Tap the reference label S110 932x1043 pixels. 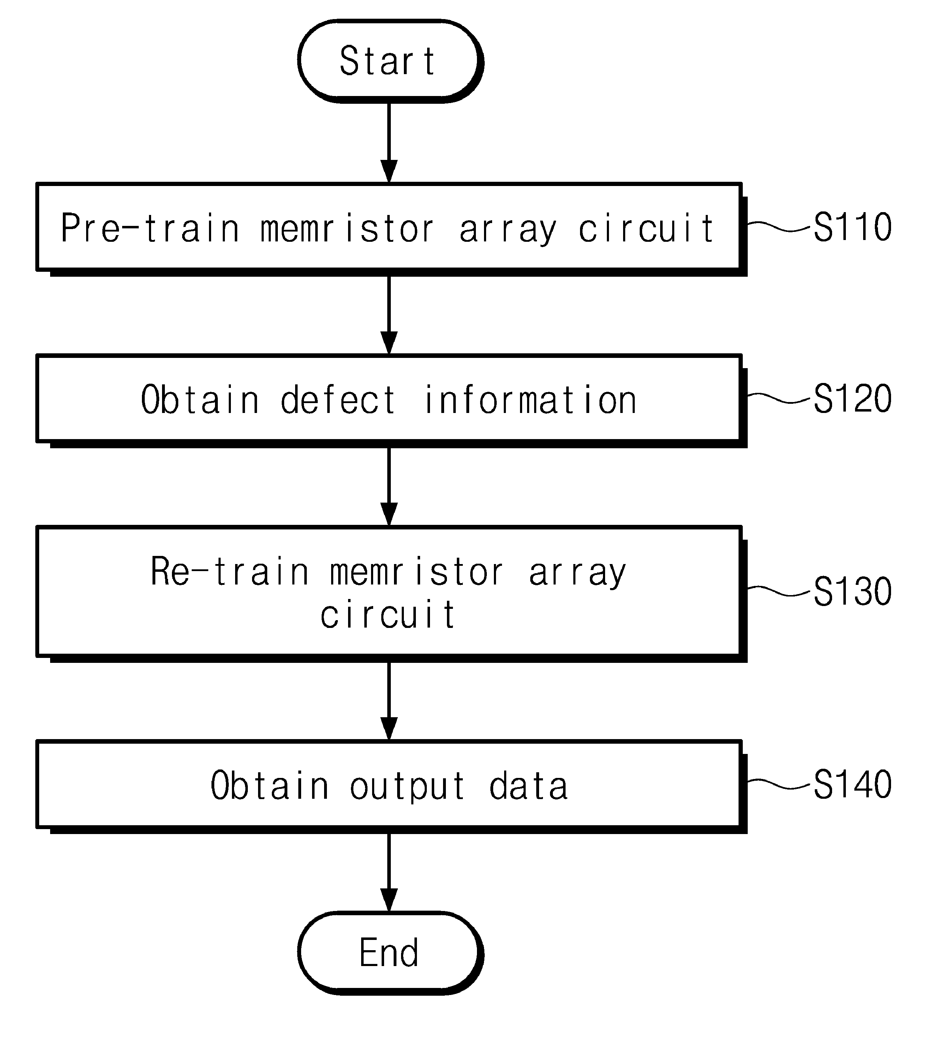pos(853,227)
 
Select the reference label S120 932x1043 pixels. pos(853,398)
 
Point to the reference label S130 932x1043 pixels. pos(853,592)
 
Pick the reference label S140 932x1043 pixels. pos(853,784)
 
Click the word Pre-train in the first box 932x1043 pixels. pos(150,228)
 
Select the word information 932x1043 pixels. pos(531,400)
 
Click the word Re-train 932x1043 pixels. pos(230,571)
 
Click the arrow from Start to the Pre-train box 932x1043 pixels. pos(389,142)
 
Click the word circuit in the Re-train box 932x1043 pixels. pos(388,615)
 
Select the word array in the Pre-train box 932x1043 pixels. pos(507,229)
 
